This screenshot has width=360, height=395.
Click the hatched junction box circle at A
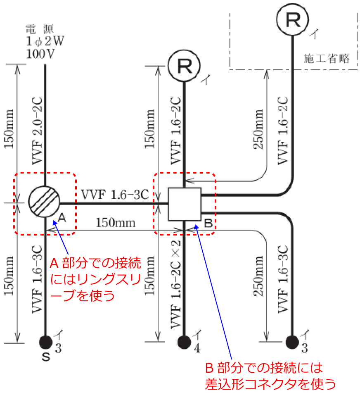point(45,202)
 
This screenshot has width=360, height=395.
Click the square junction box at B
point(185,204)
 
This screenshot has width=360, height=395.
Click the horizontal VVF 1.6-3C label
point(114,195)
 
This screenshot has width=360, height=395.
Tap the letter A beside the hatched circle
point(62,217)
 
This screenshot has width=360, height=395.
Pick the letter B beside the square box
point(208,224)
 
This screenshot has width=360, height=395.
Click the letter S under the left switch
point(45,358)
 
